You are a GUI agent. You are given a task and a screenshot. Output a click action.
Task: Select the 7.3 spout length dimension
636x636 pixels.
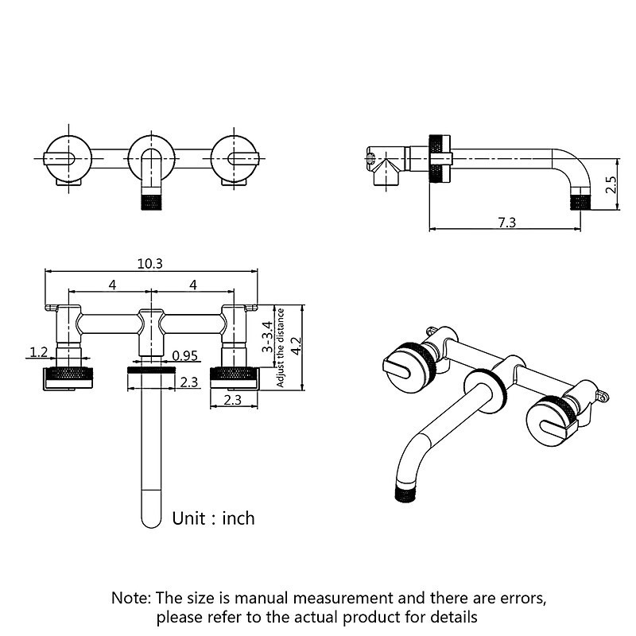pos(506,223)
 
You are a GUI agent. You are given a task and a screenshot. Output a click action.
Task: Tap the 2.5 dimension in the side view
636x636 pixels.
pos(610,185)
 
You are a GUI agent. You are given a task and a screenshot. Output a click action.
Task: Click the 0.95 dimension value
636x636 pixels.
pos(184,355)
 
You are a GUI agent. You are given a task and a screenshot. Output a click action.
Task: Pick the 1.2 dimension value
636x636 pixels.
pos(38,351)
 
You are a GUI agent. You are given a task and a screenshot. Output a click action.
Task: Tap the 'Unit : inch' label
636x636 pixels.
pos(214,518)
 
